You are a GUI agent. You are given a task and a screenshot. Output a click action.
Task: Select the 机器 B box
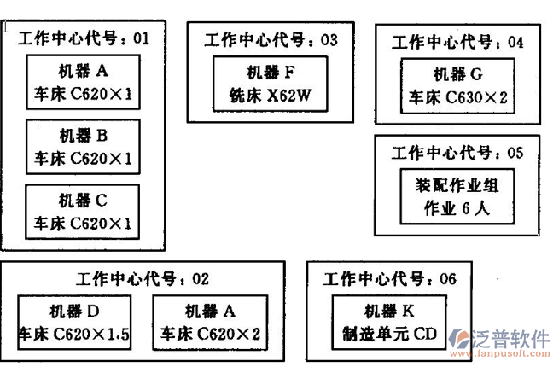click(x=83, y=146)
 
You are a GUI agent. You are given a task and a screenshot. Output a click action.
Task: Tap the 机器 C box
click(x=83, y=212)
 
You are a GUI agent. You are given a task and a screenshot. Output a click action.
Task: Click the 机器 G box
click(x=457, y=85)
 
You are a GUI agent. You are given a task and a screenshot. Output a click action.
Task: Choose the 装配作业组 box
click(x=457, y=195)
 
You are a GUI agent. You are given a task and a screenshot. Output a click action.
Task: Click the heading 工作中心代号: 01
click(x=84, y=38)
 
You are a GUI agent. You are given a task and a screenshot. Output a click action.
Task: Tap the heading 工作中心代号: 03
click(x=271, y=39)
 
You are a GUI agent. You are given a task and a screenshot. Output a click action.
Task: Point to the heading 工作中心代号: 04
click(x=457, y=41)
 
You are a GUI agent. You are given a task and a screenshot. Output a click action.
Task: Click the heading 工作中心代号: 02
click(x=143, y=278)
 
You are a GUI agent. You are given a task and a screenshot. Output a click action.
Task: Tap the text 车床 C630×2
click(x=457, y=98)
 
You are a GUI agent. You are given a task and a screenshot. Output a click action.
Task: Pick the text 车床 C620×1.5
click(x=74, y=334)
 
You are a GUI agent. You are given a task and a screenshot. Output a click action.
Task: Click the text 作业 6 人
click(x=457, y=207)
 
